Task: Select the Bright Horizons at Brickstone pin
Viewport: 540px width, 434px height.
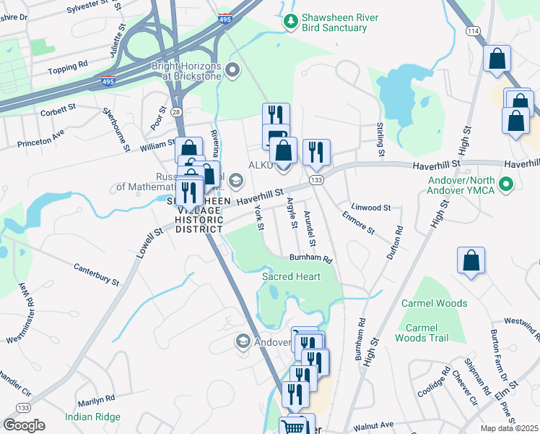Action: [x=232, y=70]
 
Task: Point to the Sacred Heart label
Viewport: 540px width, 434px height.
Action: [x=291, y=276]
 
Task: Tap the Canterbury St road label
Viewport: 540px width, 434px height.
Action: [x=96, y=273]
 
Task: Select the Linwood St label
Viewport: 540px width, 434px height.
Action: [x=370, y=208]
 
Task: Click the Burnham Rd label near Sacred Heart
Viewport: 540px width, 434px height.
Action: [x=310, y=258]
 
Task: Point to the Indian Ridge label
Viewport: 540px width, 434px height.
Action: [x=92, y=417]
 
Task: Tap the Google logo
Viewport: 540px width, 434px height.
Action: [x=24, y=425]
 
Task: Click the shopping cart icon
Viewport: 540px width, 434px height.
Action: [x=293, y=427]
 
